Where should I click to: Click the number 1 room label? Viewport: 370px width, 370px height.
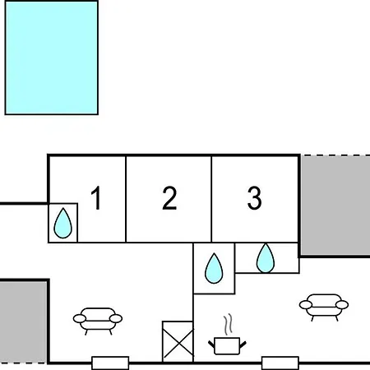[96, 198]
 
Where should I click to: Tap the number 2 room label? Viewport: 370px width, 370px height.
[169, 198]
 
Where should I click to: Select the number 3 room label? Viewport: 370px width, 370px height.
[254, 198]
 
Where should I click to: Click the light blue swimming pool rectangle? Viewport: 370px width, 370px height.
[52, 58]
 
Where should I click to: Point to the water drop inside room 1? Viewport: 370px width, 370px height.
[63, 224]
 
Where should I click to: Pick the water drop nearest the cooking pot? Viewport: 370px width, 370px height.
[214, 269]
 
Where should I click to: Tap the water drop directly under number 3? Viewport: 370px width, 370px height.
[266, 258]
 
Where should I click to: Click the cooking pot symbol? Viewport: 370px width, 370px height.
[227, 346]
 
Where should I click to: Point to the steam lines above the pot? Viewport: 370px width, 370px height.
[228, 325]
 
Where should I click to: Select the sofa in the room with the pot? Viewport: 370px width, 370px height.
[324, 307]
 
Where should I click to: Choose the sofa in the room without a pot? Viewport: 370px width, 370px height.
[98, 321]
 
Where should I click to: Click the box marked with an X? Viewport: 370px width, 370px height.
[178, 341]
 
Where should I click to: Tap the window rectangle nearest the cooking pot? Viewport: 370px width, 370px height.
[280, 363]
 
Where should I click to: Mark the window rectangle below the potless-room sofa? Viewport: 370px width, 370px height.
[110, 363]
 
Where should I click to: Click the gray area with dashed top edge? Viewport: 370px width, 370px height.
[335, 205]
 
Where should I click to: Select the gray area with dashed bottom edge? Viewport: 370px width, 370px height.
[23, 322]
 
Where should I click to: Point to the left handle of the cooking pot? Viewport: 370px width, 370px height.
[211, 345]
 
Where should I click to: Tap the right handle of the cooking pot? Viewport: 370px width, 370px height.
[243, 345]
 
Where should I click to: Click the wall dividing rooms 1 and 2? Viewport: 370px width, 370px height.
[126, 199]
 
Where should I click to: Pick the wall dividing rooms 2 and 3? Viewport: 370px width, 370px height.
[211, 199]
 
